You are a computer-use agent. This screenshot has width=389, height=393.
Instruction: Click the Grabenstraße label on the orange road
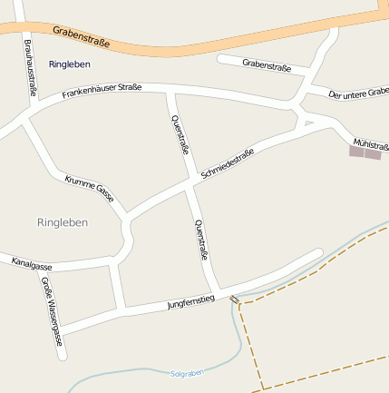tap(82, 35)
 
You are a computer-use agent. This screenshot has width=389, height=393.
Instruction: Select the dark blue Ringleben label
tap(69, 64)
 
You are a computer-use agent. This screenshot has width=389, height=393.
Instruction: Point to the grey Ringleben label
tap(63, 222)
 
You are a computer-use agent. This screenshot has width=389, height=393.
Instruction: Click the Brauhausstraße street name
tap(30, 68)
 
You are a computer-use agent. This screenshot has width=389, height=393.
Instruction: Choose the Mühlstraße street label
tap(371, 144)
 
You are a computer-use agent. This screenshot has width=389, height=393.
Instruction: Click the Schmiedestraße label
tap(227, 163)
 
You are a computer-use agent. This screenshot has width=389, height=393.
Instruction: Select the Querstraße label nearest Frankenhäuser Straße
tap(180, 135)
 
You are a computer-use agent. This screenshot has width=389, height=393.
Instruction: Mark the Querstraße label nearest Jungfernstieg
tap(201, 241)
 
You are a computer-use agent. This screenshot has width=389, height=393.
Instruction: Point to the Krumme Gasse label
tap(89, 188)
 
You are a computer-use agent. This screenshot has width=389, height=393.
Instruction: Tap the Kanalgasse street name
tap(32, 264)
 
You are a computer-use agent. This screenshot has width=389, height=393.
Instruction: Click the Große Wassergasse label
tap(52, 311)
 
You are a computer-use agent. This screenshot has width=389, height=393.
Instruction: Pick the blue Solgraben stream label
tap(189, 373)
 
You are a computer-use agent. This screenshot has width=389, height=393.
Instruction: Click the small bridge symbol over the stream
tap(236, 299)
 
